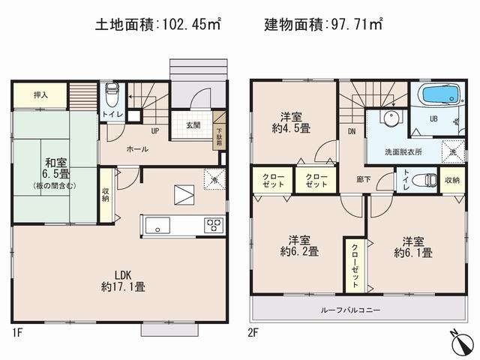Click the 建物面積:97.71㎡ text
click(x=323, y=24)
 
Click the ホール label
click(x=137, y=149)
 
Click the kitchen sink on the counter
click(x=160, y=225)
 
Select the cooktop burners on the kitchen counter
click(x=212, y=225)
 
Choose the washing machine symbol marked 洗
click(x=452, y=150)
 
